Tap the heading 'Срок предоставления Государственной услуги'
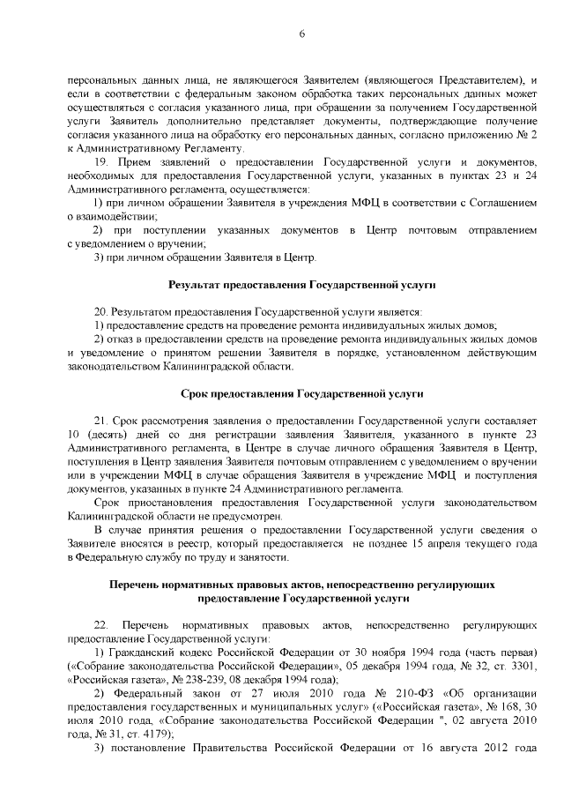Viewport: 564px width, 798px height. tap(301, 393)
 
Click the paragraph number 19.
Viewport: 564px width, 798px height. tap(100, 163)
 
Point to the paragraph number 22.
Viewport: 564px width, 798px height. tap(100, 625)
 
